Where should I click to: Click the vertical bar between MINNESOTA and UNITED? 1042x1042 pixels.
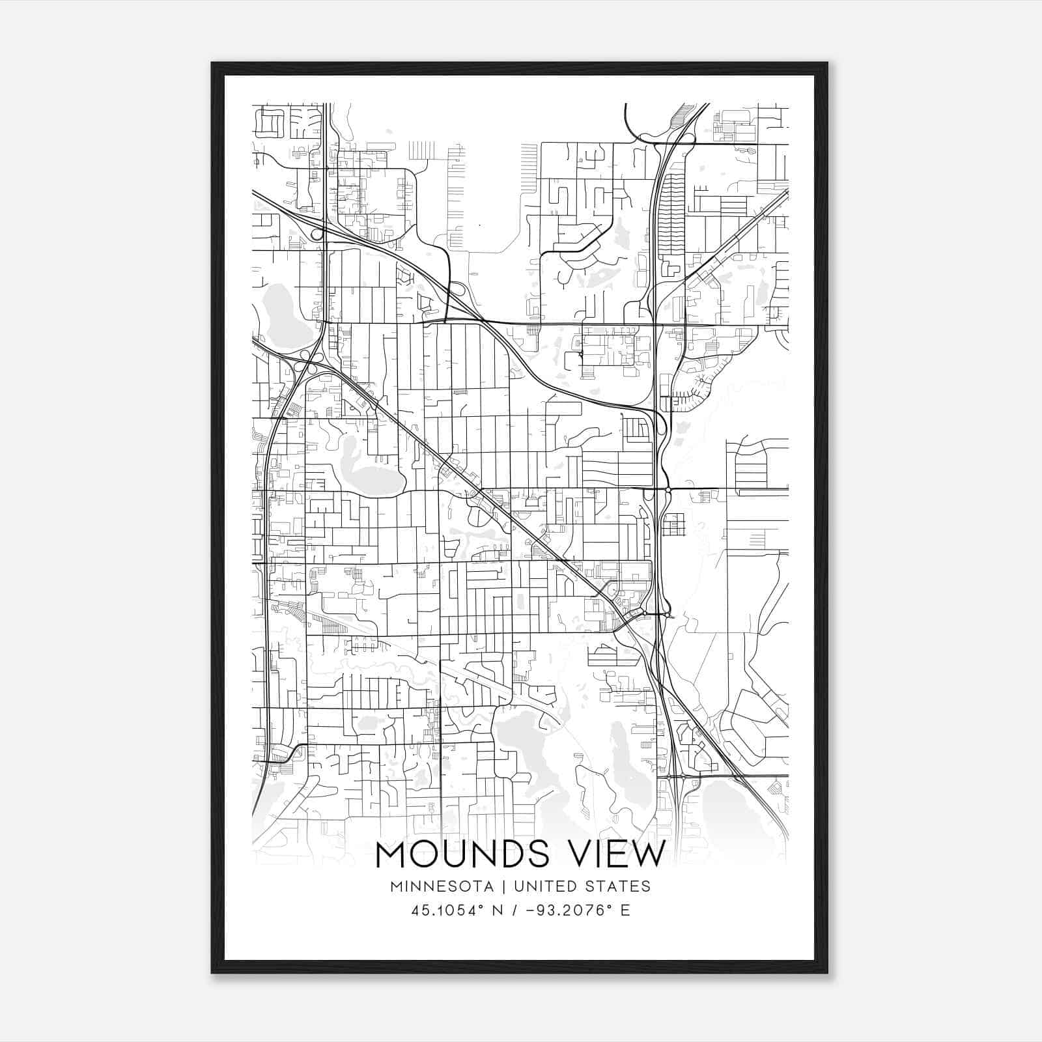tap(509, 886)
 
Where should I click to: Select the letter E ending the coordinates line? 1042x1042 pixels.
tap(625, 910)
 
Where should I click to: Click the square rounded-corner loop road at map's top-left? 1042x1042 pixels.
tap(270, 122)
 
